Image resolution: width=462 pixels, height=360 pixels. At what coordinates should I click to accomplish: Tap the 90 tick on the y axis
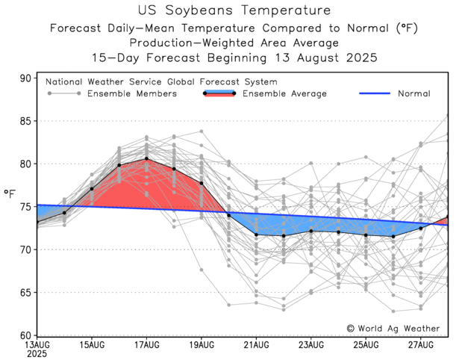pos(26,78)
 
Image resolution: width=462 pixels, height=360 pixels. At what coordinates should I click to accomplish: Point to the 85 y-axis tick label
pos(26,121)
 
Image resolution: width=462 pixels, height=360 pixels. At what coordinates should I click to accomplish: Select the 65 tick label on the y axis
pos(26,292)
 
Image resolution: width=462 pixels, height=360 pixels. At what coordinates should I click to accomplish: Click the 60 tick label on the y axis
pos(26,335)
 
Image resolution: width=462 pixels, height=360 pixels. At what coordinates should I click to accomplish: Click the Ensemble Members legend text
pos(132,94)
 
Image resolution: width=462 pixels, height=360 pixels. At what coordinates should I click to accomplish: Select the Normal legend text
pos(413,94)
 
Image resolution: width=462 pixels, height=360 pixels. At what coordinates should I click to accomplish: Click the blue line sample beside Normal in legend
pos(375,94)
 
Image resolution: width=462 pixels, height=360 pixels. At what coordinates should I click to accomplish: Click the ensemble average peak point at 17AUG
pos(146,158)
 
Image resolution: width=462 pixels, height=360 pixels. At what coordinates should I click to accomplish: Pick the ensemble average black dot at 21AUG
pos(256,235)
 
